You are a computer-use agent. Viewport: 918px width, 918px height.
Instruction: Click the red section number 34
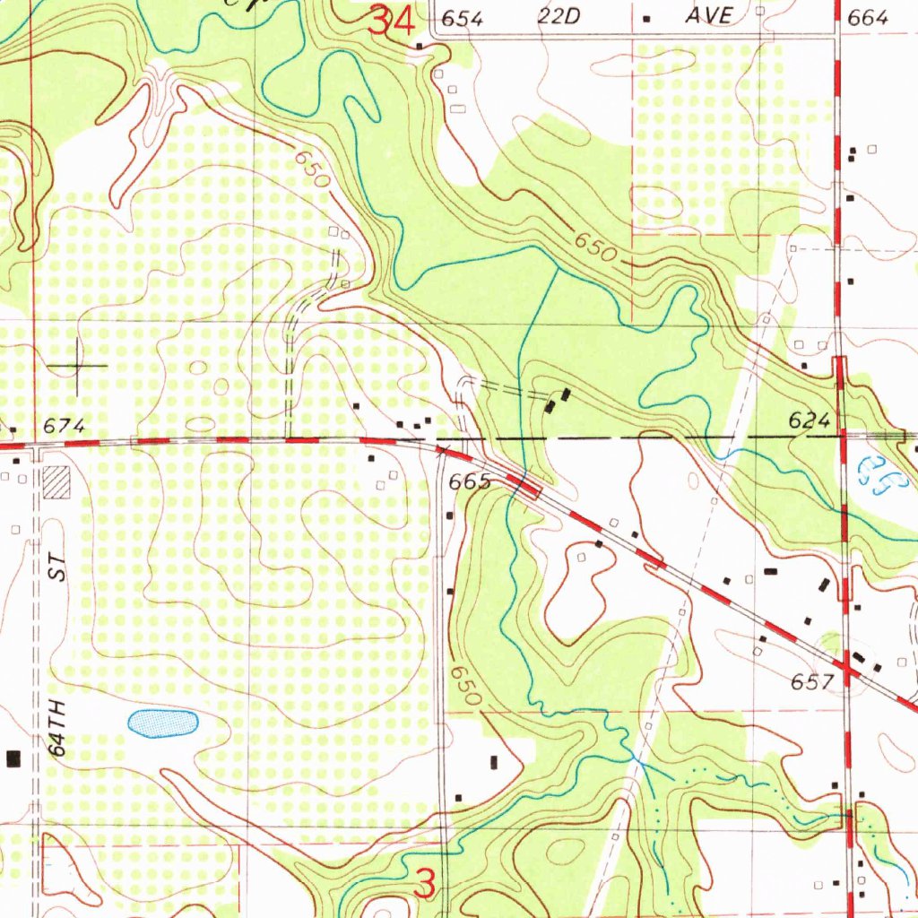pyautogui.click(x=393, y=22)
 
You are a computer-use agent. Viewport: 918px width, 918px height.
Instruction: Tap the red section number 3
pyautogui.click(x=428, y=883)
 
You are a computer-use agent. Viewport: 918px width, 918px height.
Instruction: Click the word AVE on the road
pyautogui.click(x=709, y=16)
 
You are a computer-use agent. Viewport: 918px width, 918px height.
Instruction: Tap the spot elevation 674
pyautogui.click(x=65, y=427)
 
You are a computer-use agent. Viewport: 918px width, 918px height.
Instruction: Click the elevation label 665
pyautogui.click(x=470, y=482)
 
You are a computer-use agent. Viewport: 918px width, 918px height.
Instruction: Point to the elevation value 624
pyautogui.click(x=809, y=420)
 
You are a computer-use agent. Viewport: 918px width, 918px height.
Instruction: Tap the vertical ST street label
pyautogui.click(x=58, y=571)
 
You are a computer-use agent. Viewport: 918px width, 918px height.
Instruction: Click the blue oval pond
pyautogui.click(x=162, y=723)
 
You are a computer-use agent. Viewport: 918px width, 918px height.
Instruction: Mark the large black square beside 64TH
pyautogui.click(x=13, y=759)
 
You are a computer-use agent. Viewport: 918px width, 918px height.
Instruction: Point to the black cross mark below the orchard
pyautogui.click(x=78, y=366)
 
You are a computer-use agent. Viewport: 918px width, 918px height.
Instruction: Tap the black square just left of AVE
pyautogui.click(x=647, y=18)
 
